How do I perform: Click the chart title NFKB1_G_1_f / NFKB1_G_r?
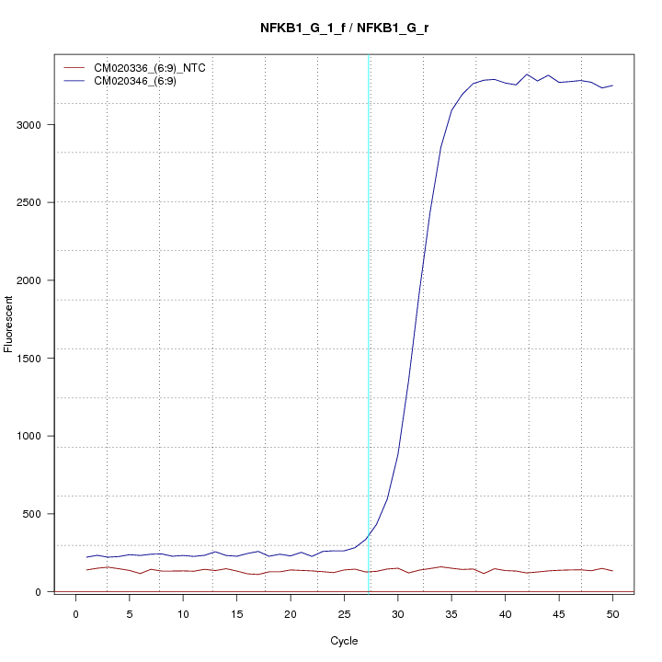coord(344,28)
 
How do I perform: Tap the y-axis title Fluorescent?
coord(9,324)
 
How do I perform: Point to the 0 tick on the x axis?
coord(76,612)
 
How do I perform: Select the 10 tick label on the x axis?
coord(184,612)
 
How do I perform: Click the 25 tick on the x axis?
coord(344,612)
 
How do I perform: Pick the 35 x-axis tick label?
coord(451,612)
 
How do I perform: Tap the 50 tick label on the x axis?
coord(612,612)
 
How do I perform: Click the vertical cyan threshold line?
coord(369,322)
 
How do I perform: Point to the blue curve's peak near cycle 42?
coord(527,74)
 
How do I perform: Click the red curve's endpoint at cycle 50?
coord(612,571)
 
